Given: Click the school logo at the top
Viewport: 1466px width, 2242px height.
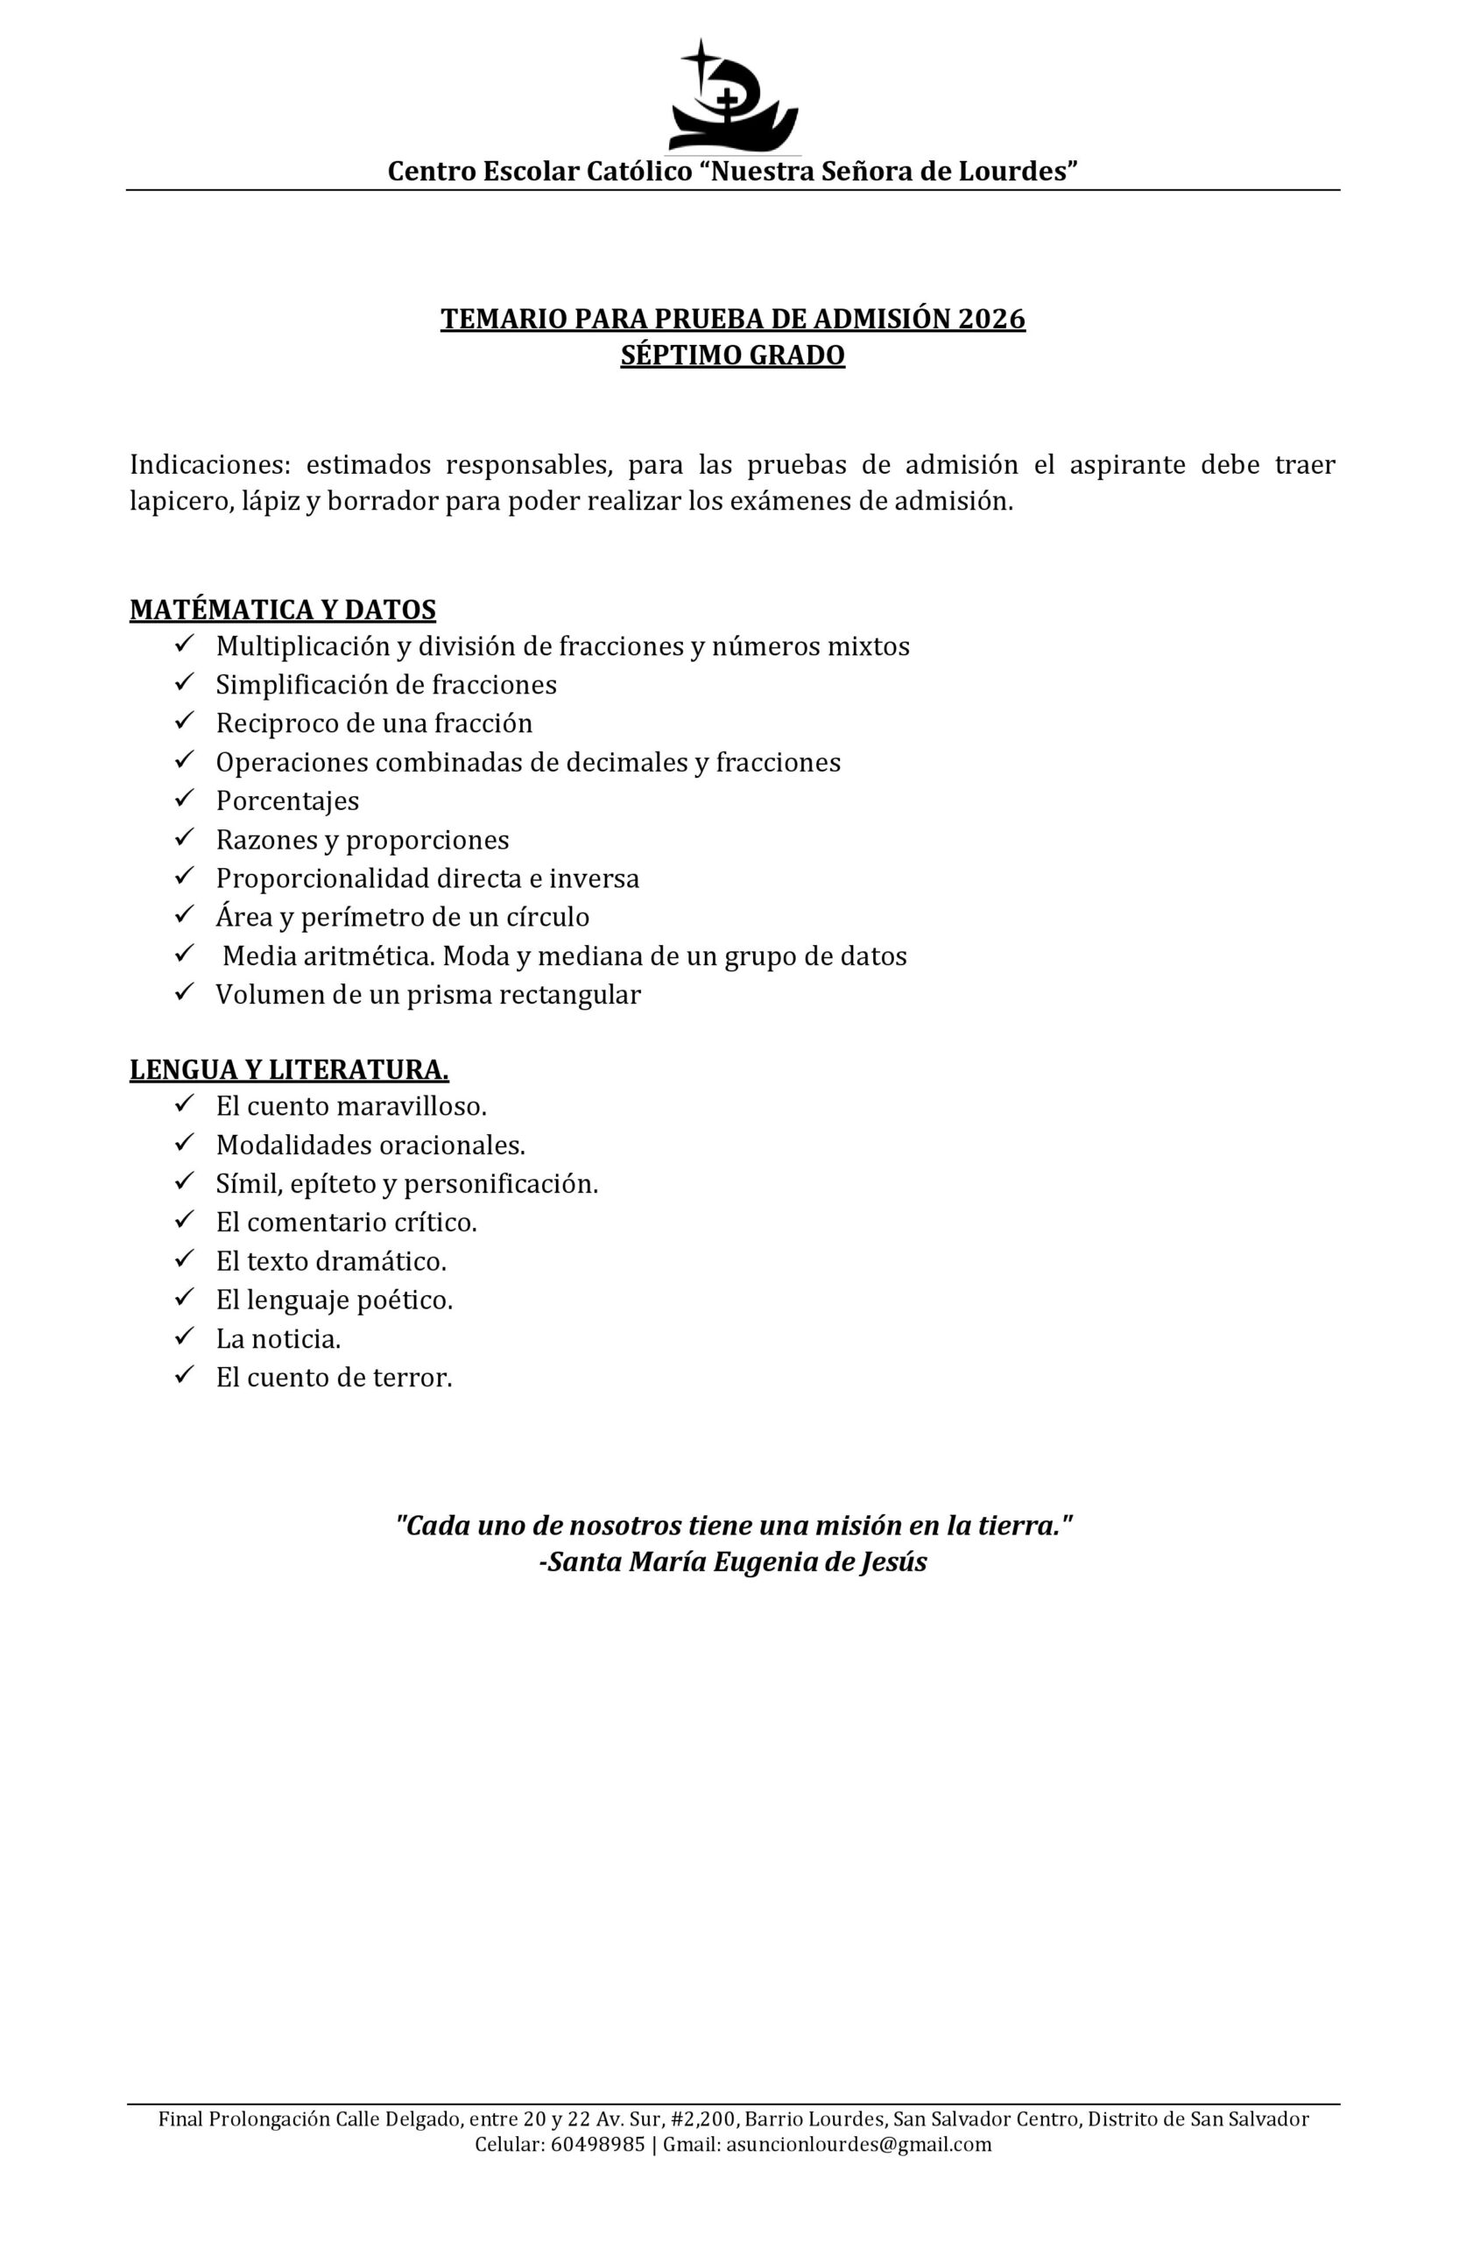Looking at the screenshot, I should (733, 96).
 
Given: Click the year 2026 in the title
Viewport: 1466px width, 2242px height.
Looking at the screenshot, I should (990, 320).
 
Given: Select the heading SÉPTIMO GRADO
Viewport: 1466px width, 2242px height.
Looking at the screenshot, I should (732, 356).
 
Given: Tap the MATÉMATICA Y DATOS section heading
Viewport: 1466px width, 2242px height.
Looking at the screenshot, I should (283, 610).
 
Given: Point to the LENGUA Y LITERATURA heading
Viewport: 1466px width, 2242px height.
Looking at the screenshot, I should (288, 1069).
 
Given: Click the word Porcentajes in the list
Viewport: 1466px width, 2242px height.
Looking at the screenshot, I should (287, 800).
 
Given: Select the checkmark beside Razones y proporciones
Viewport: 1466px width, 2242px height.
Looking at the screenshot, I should (184, 837).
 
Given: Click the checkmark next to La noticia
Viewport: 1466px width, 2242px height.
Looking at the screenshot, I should (184, 1336).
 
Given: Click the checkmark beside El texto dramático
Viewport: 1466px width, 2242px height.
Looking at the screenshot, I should (184, 1259).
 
